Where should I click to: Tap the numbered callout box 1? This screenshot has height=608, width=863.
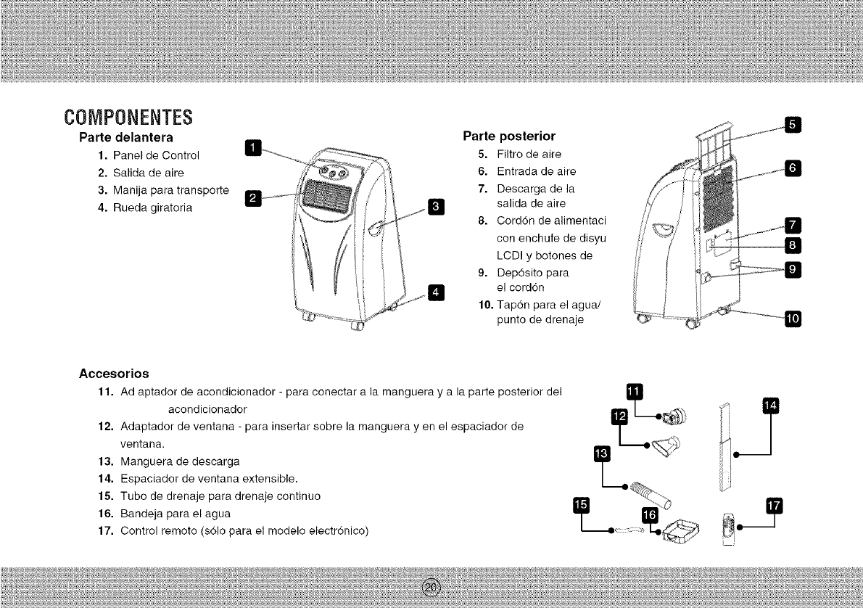click(252, 148)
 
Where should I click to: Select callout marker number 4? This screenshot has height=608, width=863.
click(435, 292)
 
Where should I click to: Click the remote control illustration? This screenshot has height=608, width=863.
click(730, 530)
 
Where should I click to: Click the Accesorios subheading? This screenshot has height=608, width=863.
click(114, 374)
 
